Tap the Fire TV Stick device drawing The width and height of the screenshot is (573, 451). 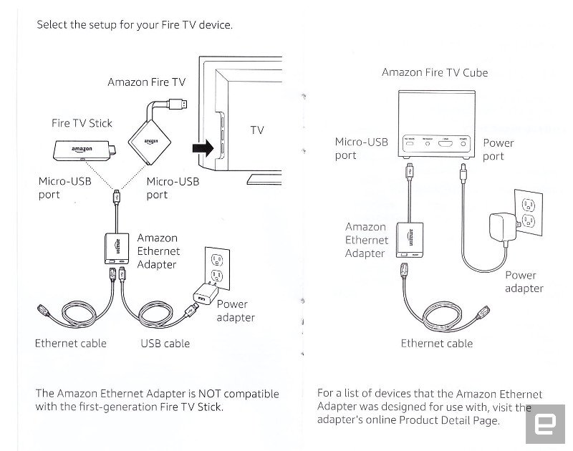(x=82, y=151)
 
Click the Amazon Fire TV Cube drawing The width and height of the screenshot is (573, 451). (x=435, y=125)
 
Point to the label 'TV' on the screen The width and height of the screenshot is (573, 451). (x=257, y=130)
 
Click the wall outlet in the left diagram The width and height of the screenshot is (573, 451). (x=218, y=266)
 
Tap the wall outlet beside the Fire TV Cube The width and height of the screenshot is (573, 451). (x=527, y=210)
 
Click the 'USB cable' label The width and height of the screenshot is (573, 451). (x=165, y=344)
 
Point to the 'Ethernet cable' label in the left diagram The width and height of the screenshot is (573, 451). (x=70, y=344)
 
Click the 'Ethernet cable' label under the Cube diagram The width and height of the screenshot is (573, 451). (x=437, y=344)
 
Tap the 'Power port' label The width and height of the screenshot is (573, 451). (x=498, y=150)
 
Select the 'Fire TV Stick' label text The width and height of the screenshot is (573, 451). (x=82, y=123)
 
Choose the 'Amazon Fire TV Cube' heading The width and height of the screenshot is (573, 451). (x=435, y=72)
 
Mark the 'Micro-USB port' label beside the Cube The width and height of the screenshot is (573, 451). (x=362, y=148)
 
